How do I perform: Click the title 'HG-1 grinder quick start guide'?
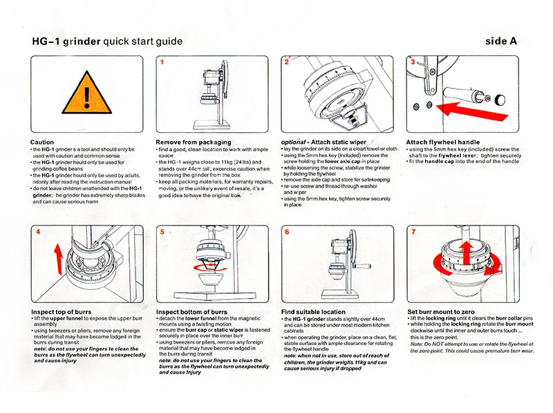(107, 42)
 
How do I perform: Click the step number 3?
(413, 62)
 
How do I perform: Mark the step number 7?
(413, 232)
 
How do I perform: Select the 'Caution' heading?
(43, 142)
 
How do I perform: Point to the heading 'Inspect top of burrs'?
(67, 312)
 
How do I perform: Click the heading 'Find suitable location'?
(319, 312)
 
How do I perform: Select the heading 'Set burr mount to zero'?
(446, 312)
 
